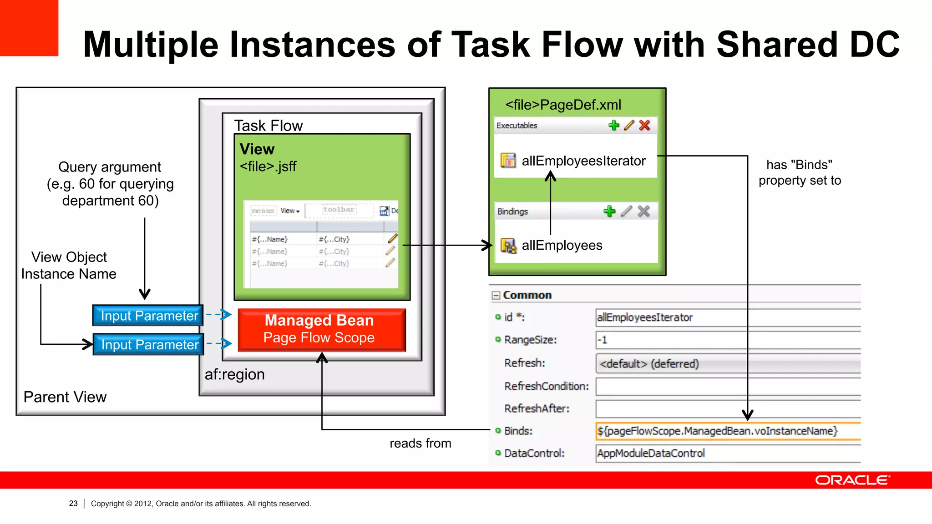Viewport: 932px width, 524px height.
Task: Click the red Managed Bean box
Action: [321, 330]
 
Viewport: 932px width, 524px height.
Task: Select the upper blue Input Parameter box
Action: [148, 316]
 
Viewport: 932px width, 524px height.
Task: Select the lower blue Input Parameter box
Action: [148, 345]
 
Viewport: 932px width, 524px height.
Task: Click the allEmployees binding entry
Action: [562, 246]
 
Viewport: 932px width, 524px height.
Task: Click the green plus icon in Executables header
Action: [613, 126]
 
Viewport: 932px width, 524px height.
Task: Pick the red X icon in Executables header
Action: [644, 126]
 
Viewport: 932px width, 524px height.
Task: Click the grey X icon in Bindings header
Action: [643, 211]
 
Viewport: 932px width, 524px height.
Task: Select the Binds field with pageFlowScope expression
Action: [727, 431]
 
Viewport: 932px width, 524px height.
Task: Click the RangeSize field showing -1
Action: [727, 340]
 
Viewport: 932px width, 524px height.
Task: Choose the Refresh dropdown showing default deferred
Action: [727, 364]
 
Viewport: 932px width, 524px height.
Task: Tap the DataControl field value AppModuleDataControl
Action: [727, 453]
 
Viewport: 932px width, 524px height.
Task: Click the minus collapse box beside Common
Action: [496, 296]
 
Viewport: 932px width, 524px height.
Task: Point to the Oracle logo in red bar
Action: [852, 480]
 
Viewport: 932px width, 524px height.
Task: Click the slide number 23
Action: [73, 504]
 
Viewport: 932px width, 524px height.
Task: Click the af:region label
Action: [234, 374]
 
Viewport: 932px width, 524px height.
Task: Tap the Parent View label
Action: [65, 397]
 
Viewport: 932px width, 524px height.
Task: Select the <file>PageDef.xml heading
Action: [563, 105]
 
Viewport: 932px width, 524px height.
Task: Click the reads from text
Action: [420, 443]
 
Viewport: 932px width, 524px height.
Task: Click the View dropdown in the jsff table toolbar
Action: [290, 211]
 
